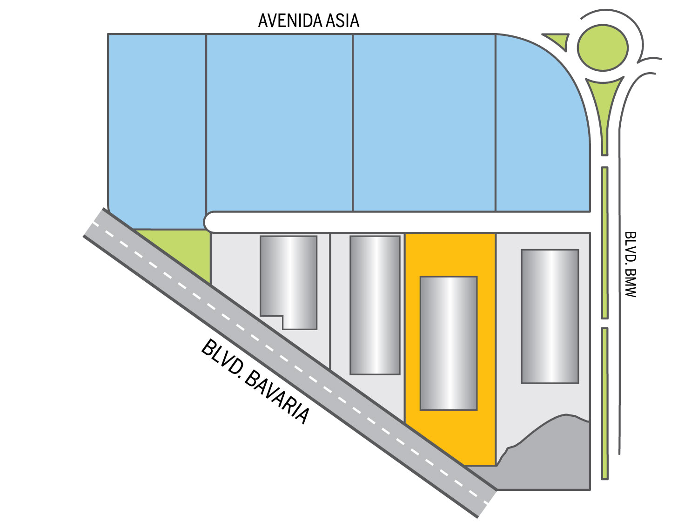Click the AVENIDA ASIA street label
click(309, 20)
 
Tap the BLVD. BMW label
click(630, 264)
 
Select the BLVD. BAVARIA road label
click(255, 382)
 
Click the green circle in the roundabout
click(603, 47)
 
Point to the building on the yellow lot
click(449, 344)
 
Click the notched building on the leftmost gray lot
click(289, 283)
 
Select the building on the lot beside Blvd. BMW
click(550, 317)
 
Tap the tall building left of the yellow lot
click(375, 305)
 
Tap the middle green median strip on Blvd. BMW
click(605, 243)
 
